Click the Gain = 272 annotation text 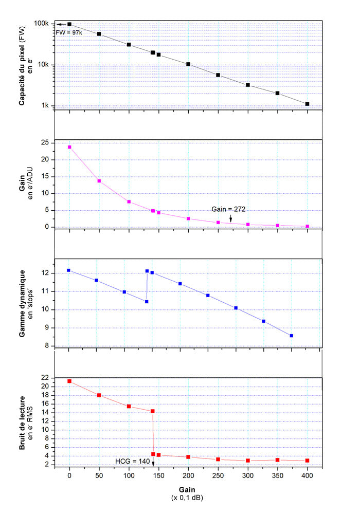point(227,209)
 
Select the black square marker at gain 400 point(307,104)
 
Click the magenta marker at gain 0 point(69,147)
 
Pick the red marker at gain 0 point(69,381)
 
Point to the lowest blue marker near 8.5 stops point(292,336)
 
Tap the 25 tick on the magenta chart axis point(45,142)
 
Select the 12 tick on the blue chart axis point(45,273)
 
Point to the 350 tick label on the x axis point(278,475)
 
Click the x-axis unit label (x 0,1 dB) point(187,498)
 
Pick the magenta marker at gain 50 point(99,181)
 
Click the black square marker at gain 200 point(188,64)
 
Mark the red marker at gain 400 point(307,461)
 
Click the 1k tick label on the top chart point(44,106)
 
